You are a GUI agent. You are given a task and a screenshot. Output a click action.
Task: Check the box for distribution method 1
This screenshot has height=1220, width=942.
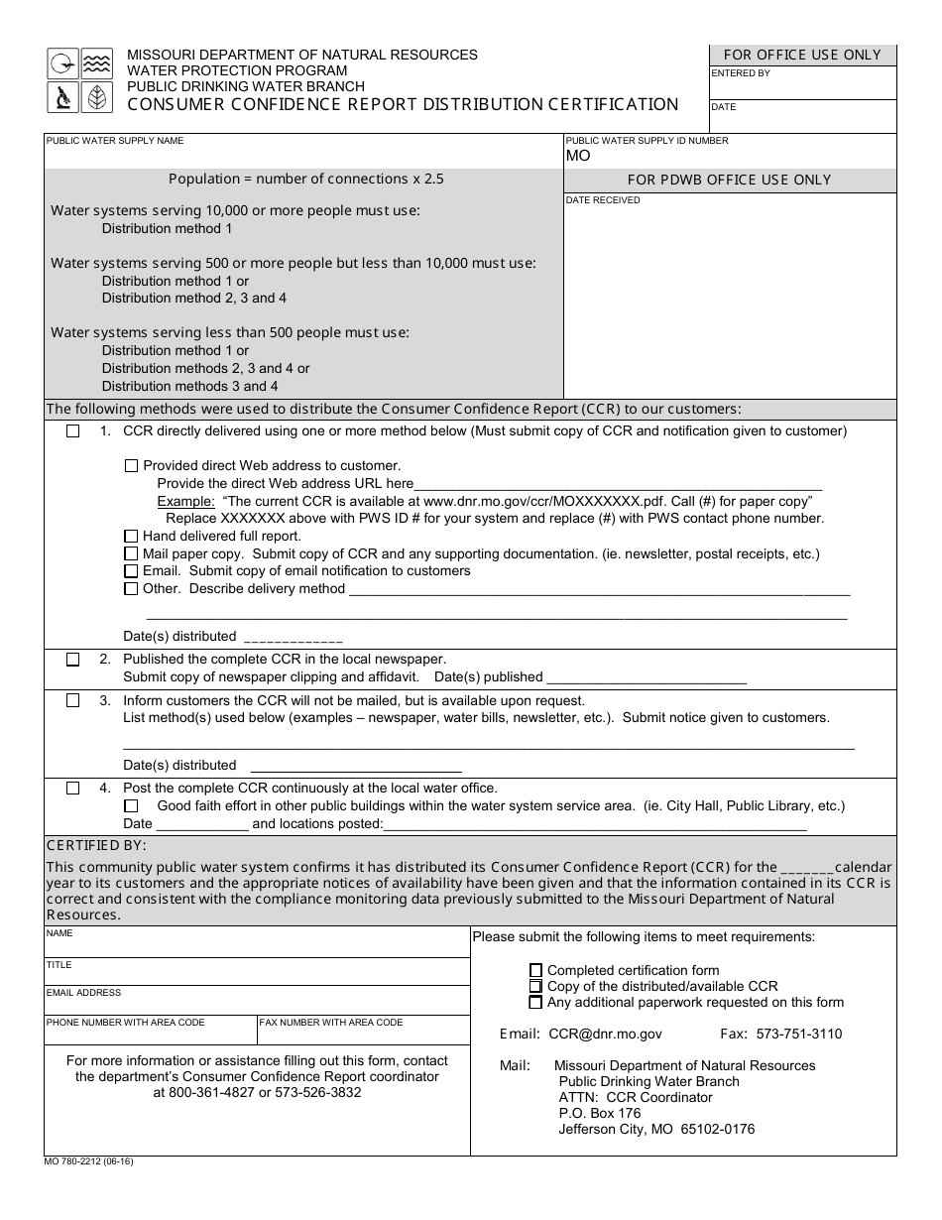[x=72, y=431]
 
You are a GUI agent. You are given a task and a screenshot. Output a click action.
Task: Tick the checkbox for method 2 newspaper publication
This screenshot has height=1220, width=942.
[x=72, y=660]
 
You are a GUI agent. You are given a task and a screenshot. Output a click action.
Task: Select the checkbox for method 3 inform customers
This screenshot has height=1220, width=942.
[x=72, y=700]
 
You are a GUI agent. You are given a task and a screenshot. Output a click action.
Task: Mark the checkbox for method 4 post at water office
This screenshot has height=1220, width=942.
[x=72, y=789]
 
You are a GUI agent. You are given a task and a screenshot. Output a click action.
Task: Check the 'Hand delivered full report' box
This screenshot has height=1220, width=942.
[x=131, y=537]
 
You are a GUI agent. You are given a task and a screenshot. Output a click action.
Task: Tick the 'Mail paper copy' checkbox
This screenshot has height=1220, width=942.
[x=131, y=554]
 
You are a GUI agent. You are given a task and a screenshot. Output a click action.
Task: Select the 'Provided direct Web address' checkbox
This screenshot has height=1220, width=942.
[x=131, y=466]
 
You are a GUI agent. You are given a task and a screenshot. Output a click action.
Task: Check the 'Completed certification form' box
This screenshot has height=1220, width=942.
[x=536, y=970]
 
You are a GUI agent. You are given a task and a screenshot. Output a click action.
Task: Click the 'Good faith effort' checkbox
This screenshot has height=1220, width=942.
[x=131, y=806]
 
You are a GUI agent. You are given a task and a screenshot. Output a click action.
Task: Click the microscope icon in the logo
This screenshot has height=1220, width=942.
[x=62, y=97]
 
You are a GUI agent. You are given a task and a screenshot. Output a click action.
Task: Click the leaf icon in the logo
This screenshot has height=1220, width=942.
[x=96, y=97]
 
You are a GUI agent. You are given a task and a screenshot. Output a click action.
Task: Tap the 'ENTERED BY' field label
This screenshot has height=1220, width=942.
[x=741, y=73]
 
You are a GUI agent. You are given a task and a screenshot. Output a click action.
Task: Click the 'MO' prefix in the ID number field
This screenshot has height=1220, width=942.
[x=578, y=157]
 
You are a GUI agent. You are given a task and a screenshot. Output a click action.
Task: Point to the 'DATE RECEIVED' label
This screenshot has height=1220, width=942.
[x=603, y=200]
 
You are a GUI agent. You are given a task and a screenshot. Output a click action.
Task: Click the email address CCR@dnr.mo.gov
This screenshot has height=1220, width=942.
[x=605, y=1034]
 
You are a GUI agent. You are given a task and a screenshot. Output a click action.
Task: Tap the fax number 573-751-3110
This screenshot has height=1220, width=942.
[x=798, y=1034]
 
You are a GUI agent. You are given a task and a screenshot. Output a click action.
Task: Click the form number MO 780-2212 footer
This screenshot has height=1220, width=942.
[x=88, y=1161]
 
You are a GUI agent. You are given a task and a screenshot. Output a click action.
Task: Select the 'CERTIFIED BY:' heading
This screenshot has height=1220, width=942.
[x=96, y=845]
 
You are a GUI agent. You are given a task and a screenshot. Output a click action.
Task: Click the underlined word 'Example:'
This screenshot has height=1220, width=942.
[x=185, y=501]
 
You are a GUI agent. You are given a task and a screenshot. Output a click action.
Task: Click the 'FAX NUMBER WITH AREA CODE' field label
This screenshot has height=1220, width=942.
[x=331, y=1023]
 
